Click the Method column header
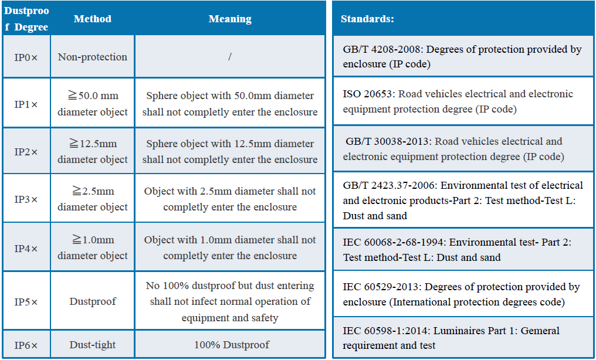[93, 19]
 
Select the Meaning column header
[230, 19]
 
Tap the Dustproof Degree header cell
[26, 19]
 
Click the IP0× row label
[26, 57]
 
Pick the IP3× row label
[26, 199]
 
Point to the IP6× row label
[26, 345]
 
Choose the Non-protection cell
[93, 57]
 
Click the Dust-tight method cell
[93, 345]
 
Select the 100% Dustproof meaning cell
[230, 345]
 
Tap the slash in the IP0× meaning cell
[230, 57]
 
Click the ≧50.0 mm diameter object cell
[93, 104]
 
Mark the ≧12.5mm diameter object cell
[93, 151]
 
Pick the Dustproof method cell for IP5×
[93, 301]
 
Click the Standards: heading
[367, 19]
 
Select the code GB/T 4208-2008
[382, 49]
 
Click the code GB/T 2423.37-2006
[389, 185]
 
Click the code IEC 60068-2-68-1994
[389, 242]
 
